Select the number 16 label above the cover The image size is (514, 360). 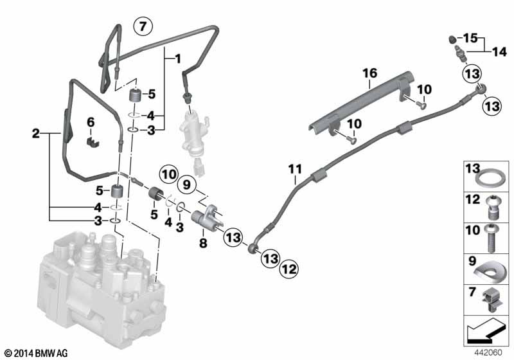370,75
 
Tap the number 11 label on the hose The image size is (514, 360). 294,170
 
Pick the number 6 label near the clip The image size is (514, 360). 90,122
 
